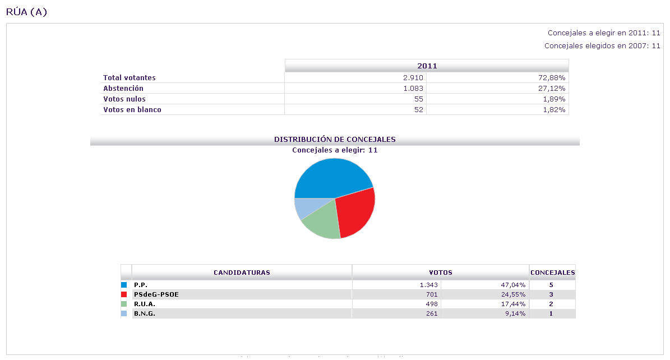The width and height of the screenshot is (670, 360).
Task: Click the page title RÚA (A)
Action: tap(26, 12)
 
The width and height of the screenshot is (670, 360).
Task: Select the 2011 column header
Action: tap(427, 66)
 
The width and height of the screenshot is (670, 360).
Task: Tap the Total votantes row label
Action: tap(130, 78)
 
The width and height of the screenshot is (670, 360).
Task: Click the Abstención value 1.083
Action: tap(413, 89)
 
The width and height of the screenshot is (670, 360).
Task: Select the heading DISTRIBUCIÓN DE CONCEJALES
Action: tap(335, 139)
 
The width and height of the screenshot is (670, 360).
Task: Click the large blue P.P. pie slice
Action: tap(331, 177)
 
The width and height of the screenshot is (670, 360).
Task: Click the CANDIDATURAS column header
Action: tap(242, 273)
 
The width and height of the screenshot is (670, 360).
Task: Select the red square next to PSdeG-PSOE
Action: tap(124, 294)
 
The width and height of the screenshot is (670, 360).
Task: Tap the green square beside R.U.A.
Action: tap(124, 304)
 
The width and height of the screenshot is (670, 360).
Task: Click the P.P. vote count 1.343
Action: tap(428, 285)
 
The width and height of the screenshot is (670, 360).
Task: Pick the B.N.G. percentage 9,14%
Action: tap(514, 313)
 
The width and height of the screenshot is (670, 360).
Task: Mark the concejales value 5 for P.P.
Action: tap(551, 285)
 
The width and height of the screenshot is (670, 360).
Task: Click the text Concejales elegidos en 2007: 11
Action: tap(602, 46)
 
